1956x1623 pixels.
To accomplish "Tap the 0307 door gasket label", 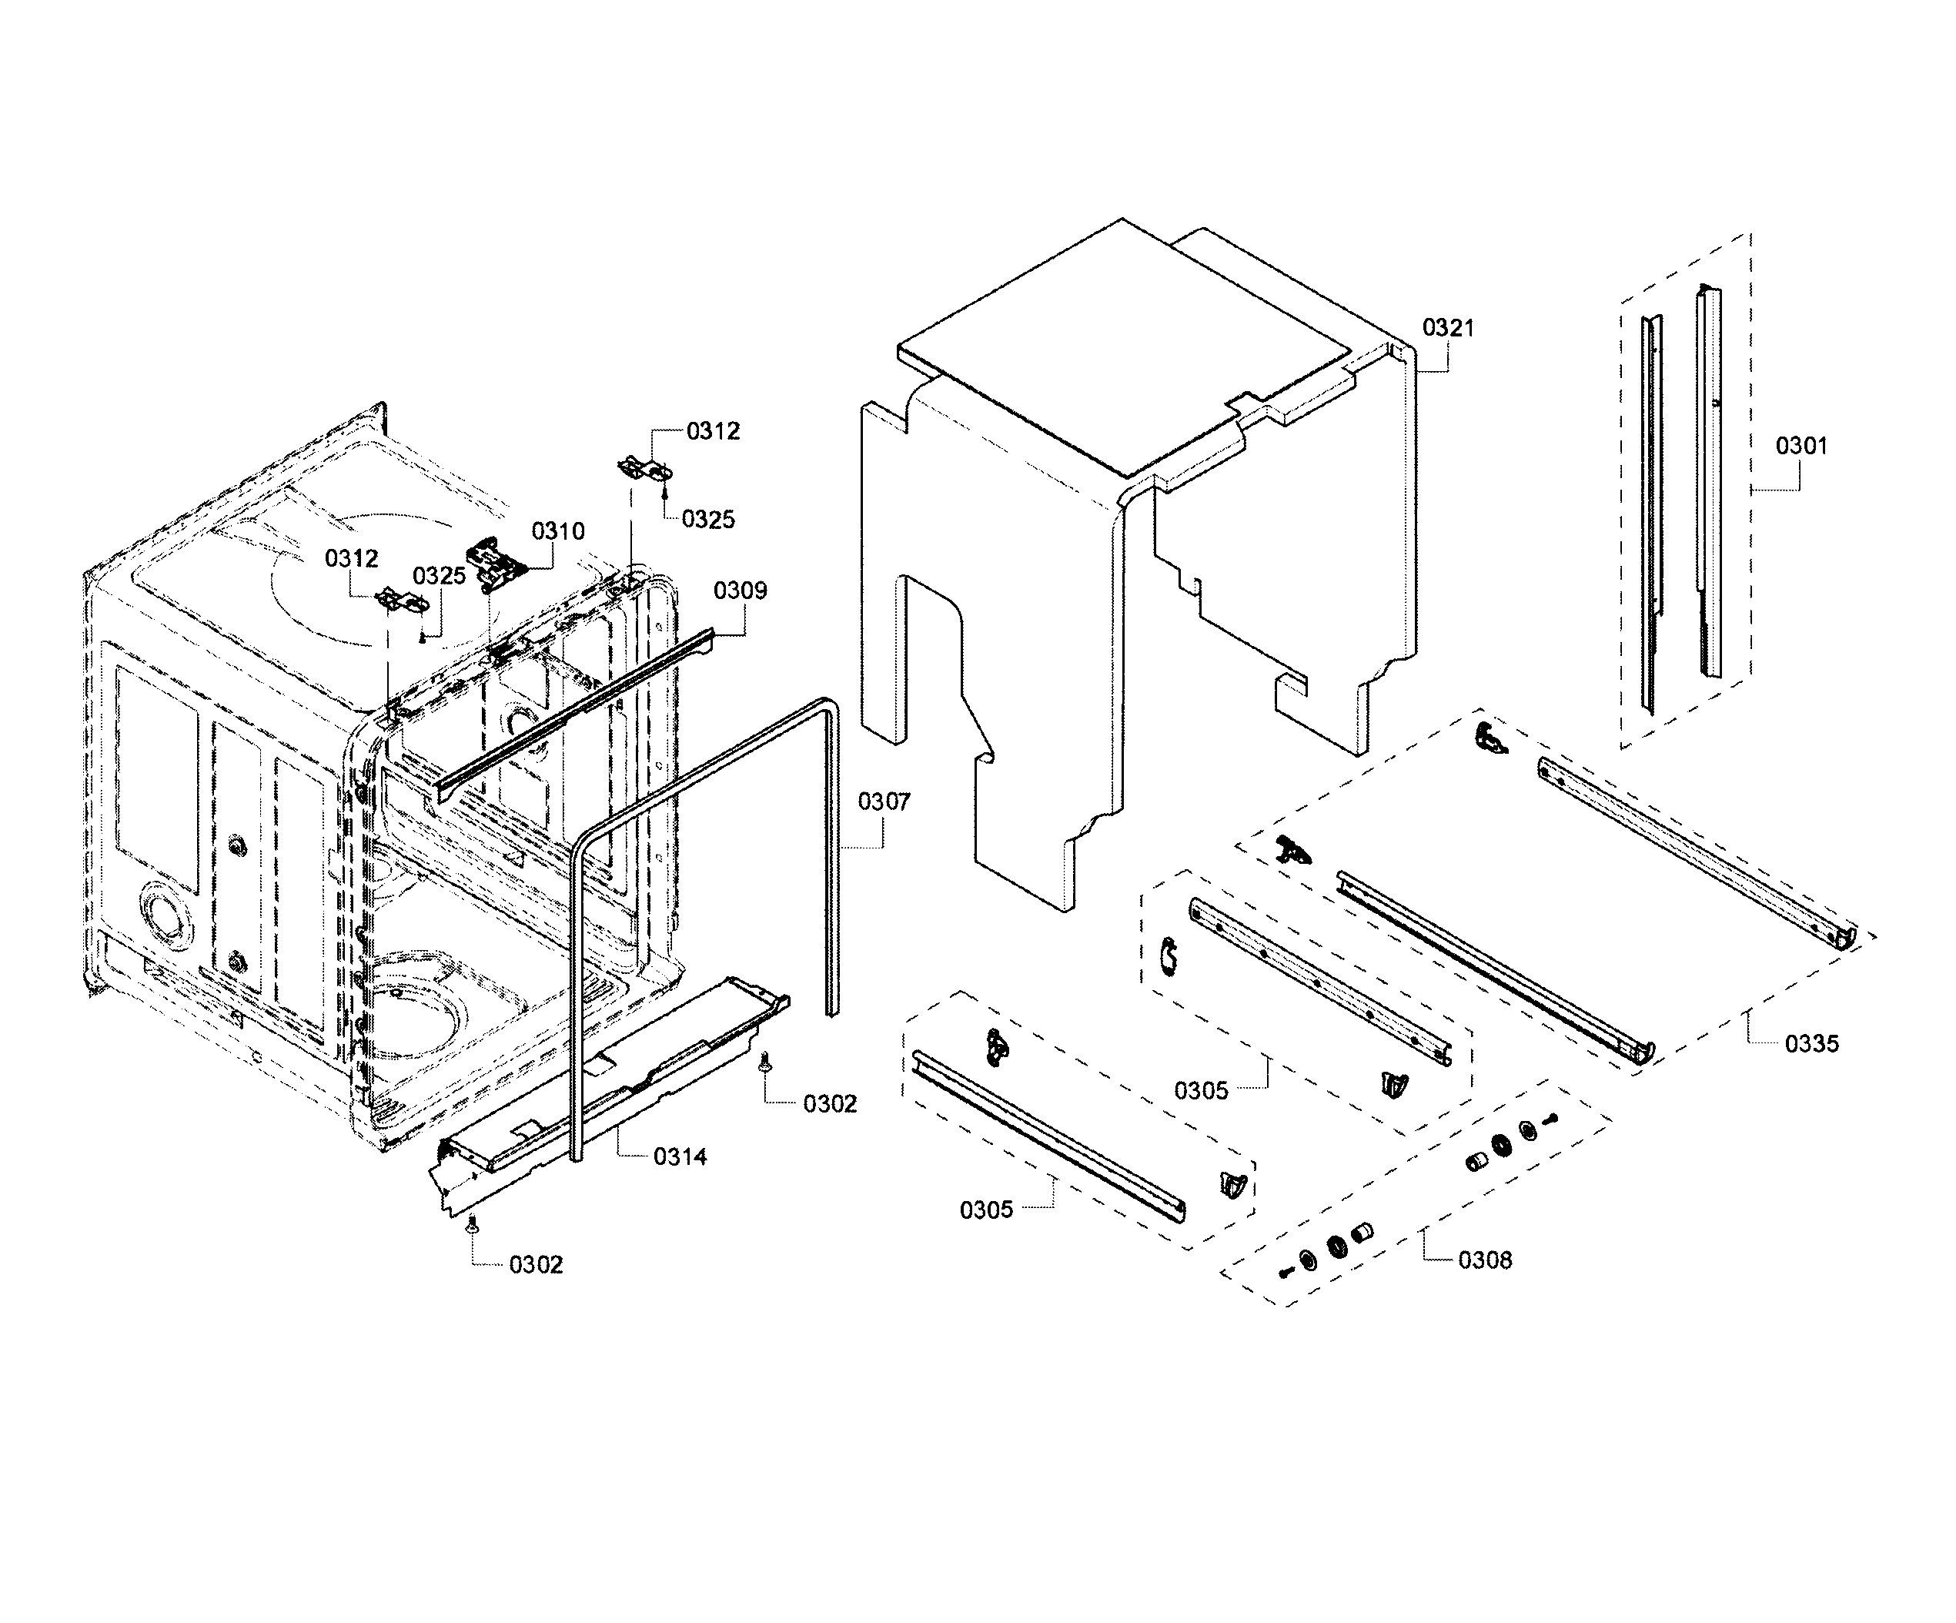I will [x=883, y=801].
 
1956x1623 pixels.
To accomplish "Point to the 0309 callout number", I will [x=740, y=591].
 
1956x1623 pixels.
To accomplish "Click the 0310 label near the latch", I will [x=558, y=531].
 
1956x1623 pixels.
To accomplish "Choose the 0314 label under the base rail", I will [x=679, y=1156].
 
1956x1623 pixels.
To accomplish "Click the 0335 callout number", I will [x=1811, y=1043].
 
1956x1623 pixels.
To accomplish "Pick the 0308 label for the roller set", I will [x=1485, y=1260].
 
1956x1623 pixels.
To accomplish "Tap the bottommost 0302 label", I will [x=536, y=1264].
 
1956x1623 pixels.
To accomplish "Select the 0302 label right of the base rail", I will [x=829, y=1103].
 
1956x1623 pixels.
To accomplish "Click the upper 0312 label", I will [x=713, y=431].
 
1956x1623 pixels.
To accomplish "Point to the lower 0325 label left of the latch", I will [x=439, y=576].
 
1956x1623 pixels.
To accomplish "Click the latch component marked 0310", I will [x=496, y=563].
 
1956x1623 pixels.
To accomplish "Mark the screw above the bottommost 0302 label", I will [x=472, y=1223].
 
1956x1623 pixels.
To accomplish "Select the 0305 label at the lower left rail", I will [x=985, y=1210].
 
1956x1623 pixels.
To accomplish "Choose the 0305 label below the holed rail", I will [x=1201, y=1090].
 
